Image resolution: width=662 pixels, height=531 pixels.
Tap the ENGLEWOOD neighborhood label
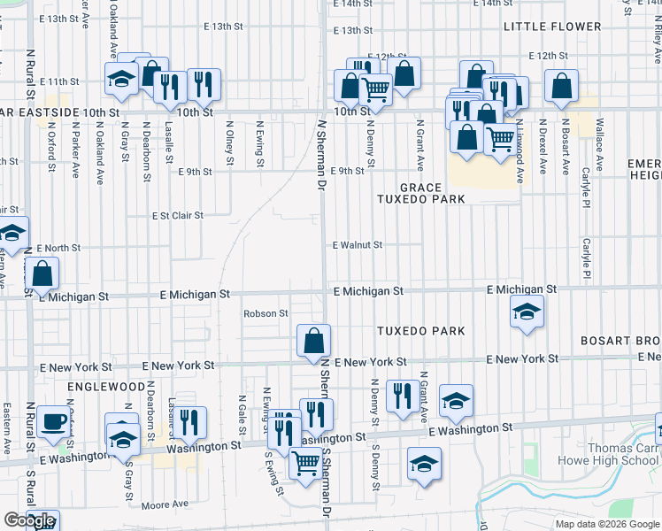pos(106,388)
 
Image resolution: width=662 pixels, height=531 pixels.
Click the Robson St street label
pos(266,313)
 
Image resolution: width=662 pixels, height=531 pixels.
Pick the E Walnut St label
pos(358,245)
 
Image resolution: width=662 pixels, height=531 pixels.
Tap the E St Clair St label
pos(177,215)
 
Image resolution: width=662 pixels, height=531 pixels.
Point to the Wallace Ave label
pos(599,142)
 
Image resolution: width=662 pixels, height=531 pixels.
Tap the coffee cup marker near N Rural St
pos(55,421)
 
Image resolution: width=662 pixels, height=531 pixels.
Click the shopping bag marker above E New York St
pos(313,341)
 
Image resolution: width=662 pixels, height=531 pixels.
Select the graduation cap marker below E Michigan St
pos(527,312)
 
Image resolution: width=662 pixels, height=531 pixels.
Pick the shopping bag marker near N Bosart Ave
pos(561,87)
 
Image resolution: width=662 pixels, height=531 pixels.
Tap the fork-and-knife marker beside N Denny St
pos(403,397)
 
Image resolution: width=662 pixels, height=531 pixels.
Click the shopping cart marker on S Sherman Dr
pos(306,463)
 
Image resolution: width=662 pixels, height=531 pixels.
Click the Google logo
pos(29,520)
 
